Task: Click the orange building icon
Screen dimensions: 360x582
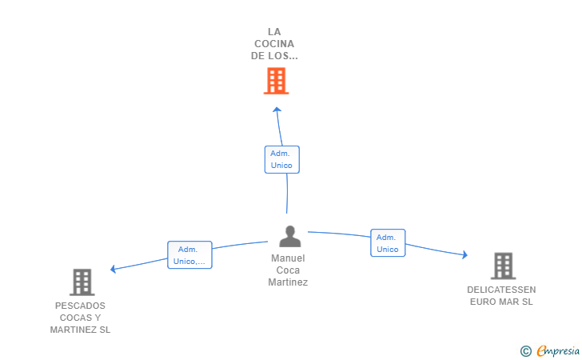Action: point(276,81)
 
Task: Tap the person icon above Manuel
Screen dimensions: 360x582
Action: point(289,236)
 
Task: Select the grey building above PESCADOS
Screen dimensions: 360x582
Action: point(82,282)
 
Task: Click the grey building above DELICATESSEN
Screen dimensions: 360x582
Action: point(503,266)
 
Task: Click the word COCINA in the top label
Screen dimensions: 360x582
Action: point(275,44)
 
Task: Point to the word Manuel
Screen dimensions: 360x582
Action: point(288,258)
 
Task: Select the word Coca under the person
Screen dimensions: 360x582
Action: point(288,270)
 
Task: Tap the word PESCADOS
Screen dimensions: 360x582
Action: point(80,306)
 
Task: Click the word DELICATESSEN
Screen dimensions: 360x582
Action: point(502,290)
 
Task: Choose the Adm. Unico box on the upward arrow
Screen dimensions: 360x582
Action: point(281,159)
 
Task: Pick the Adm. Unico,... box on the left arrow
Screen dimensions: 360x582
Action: point(189,255)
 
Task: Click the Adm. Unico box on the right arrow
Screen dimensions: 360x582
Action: point(388,243)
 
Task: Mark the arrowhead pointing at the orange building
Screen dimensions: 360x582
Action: point(277,110)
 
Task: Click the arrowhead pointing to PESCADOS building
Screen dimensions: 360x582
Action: point(114,269)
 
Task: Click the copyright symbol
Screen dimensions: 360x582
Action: point(525,350)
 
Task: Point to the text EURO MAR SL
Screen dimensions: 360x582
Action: point(502,302)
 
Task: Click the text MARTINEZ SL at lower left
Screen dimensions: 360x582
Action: point(80,330)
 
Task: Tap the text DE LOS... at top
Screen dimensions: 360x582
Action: point(275,56)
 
